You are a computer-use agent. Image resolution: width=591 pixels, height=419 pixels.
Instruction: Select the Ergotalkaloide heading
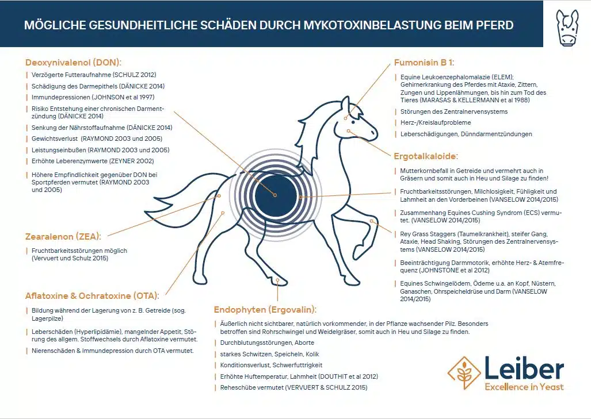[x=425, y=156]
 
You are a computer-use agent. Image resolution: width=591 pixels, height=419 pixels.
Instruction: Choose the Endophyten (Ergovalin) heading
[x=265, y=309]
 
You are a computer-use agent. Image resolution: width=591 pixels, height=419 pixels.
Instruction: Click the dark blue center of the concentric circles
[x=275, y=195]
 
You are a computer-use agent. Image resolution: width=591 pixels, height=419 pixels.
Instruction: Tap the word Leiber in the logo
[x=524, y=367]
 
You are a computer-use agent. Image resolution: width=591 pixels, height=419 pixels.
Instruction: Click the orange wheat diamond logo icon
[x=464, y=373]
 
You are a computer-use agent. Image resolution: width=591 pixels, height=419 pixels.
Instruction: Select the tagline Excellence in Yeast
[x=524, y=387]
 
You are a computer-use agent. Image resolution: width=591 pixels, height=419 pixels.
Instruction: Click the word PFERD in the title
[x=493, y=25]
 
